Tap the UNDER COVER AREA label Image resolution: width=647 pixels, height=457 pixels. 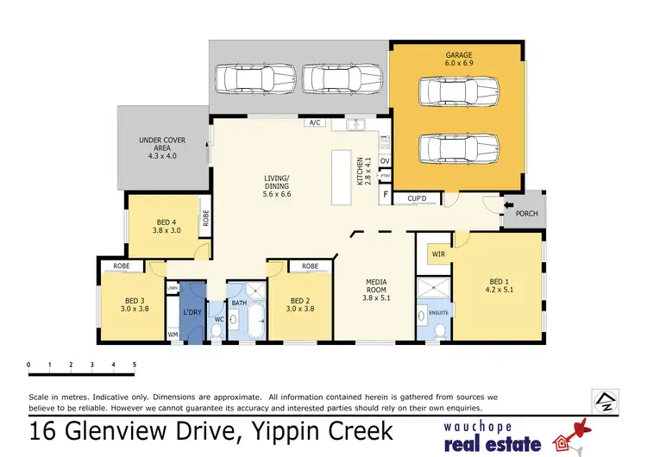click(x=163, y=147)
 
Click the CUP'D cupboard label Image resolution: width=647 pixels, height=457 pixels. click(x=417, y=199)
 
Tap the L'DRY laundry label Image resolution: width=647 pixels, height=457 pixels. click(x=193, y=313)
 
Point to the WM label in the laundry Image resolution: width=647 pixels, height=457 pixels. click(x=173, y=334)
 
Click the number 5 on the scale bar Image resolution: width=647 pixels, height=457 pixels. click(x=134, y=365)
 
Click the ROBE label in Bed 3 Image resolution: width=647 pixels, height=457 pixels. click(x=122, y=266)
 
